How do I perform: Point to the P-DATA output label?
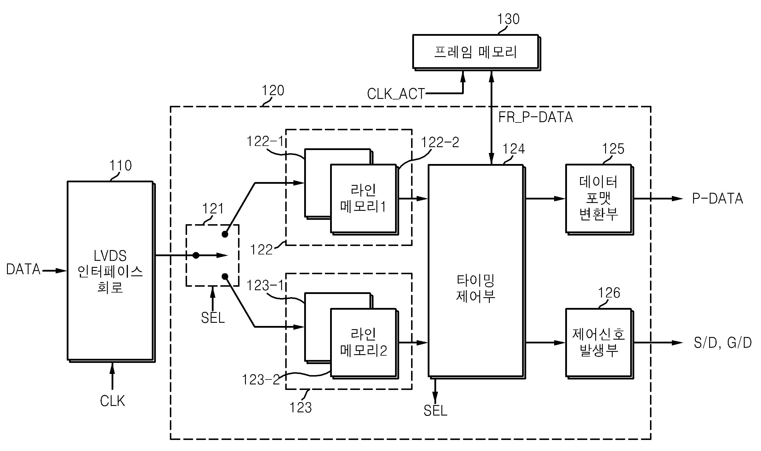[718, 199]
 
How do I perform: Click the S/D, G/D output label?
[723, 343]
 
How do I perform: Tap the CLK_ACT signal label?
[396, 94]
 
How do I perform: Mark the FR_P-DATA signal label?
[535, 117]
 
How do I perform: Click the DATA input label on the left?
[23, 269]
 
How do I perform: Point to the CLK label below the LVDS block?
[112, 401]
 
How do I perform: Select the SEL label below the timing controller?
[435, 411]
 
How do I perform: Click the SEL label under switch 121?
[213, 318]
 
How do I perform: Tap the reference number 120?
[273, 90]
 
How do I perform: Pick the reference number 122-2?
[440, 142]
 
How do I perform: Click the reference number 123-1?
[265, 286]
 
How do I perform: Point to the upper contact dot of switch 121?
[225, 234]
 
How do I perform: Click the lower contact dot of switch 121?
[225, 276]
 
